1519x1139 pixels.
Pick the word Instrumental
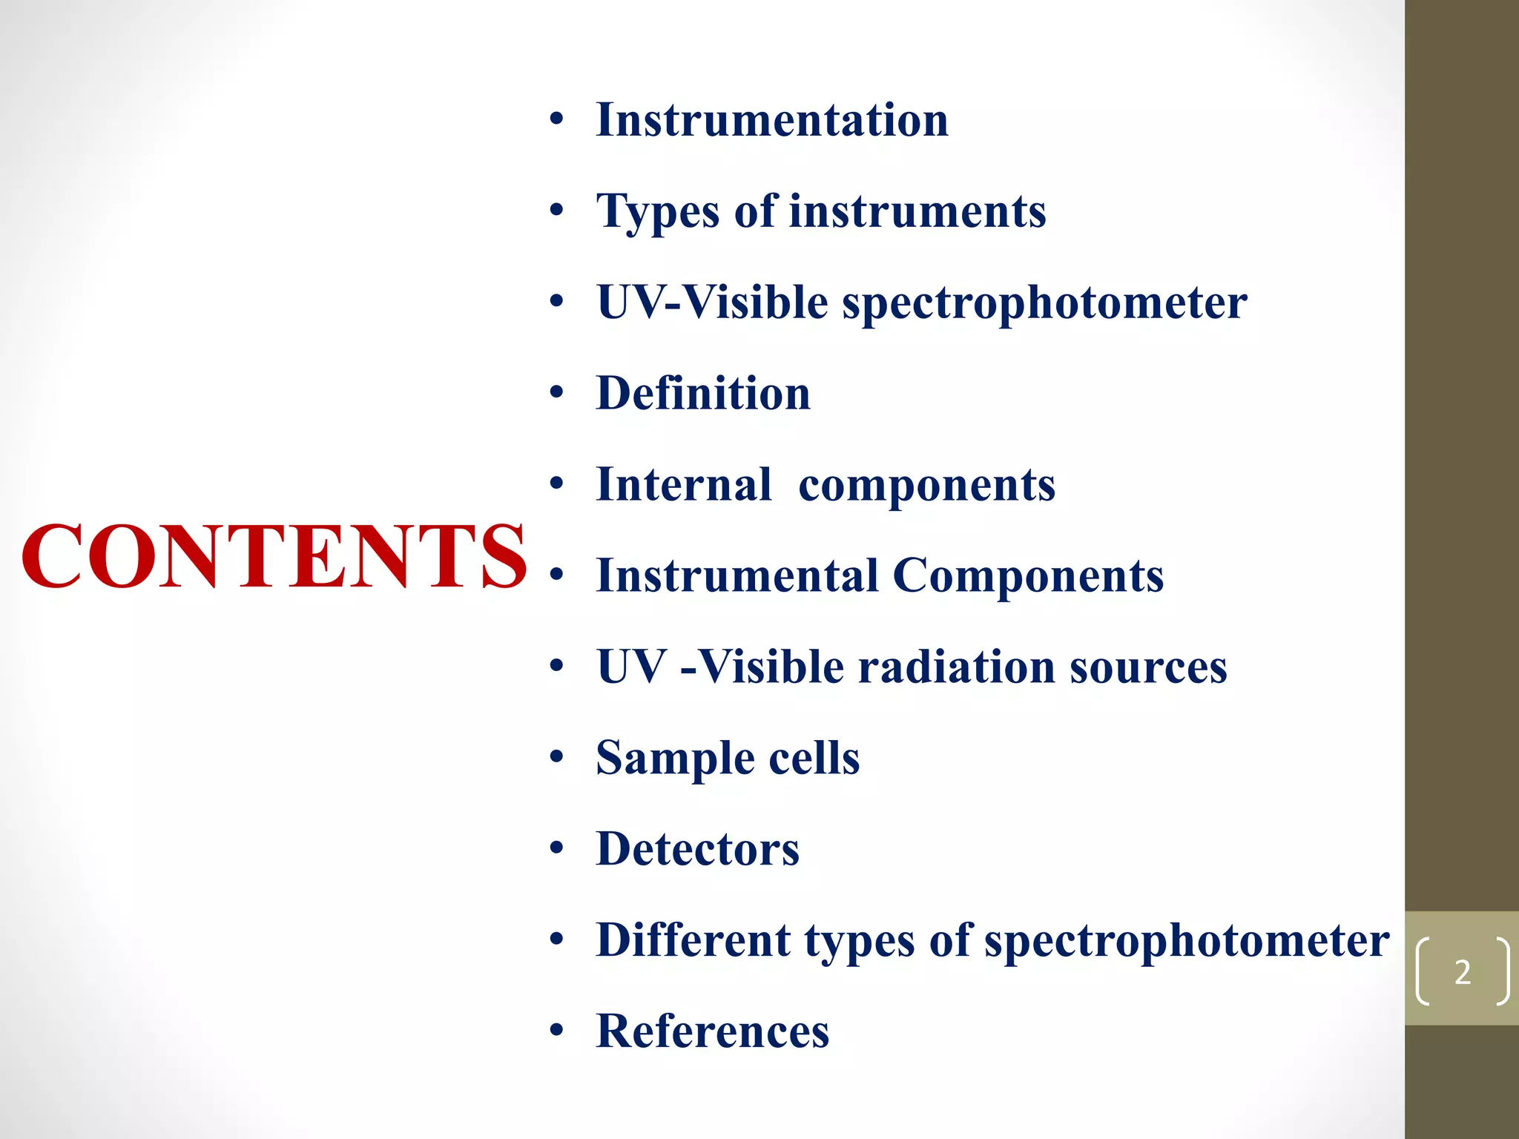coord(737,575)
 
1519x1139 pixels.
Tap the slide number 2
coord(1462,972)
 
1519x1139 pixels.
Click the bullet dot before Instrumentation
coord(557,120)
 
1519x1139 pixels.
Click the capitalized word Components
coord(1028,575)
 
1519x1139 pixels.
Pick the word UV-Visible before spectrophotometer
coord(712,303)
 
